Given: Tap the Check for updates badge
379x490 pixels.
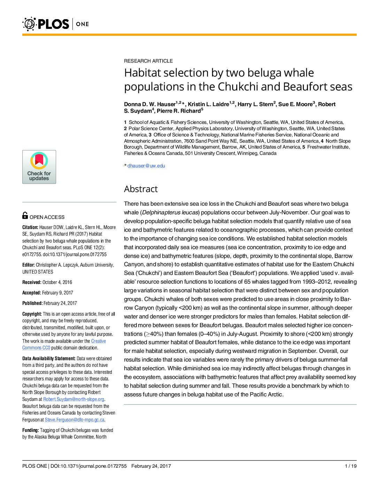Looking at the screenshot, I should [x=39, y=167].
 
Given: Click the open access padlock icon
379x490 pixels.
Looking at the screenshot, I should [x=25, y=215].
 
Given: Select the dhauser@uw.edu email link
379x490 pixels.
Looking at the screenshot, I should [x=146, y=166].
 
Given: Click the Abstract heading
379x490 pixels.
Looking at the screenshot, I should [x=141, y=189].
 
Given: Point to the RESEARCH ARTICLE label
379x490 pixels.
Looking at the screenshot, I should [x=148, y=61].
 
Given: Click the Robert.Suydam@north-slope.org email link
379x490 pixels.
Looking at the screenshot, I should [x=74, y=399].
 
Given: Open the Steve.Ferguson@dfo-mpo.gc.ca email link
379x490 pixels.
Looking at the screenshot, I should [x=75, y=420].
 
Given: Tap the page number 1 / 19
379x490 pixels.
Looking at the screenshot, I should [x=350, y=466].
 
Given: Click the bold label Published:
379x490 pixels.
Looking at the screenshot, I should [x=32, y=303].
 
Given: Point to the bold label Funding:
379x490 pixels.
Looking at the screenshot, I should [x=31, y=430].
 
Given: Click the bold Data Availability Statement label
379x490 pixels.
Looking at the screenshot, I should [x=49, y=358].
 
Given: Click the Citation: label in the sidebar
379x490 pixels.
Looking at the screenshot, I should [x=30, y=227].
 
